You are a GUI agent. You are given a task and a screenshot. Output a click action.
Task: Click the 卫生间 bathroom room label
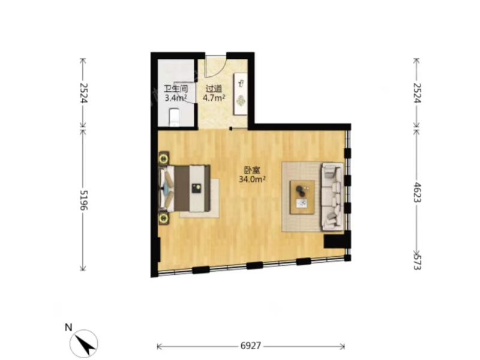click(x=176, y=89)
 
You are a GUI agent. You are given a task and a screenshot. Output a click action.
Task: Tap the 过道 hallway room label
click(x=214, y=89)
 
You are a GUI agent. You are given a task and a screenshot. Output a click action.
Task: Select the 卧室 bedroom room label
click(x=252, y=170)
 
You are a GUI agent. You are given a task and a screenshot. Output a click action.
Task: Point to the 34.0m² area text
click(x=252, y=179)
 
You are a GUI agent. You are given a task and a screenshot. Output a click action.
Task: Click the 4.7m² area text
click(x=214, y=98)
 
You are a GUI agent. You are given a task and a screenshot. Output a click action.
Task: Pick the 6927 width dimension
click(x=251, y=346)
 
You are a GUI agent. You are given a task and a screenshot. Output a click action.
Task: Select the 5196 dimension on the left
click(x=83, y=200)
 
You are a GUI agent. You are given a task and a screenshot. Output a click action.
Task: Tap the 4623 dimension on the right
click(x=417, y=192)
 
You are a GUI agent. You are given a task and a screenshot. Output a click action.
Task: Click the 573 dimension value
click(x=417, y=262)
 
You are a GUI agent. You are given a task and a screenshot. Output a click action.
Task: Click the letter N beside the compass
click(x=68, y=328)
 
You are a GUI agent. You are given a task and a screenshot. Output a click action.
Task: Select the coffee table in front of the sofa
click(x=302, y=197)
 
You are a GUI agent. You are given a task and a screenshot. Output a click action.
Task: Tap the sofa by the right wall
click(x=332, y=197)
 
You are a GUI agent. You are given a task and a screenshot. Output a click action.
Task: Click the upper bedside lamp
click(x=164, y=158)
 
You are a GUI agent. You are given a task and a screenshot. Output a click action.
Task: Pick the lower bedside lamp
click(x=164, y=218)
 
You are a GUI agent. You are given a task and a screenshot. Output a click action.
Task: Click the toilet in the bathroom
click(x=175, y=117)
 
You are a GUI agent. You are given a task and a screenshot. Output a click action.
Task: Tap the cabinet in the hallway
click(x=241, y=94)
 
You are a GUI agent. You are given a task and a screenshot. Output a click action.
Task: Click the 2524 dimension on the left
click(x=83, y=93)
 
